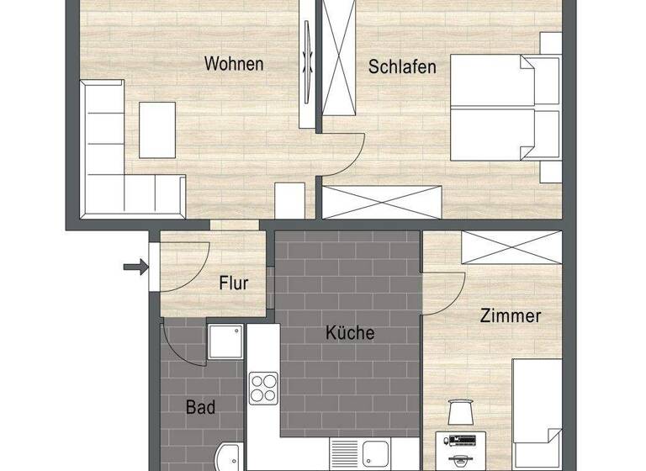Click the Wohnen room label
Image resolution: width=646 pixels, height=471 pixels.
tap(234, 64)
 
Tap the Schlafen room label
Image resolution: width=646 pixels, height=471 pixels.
tap(402, 66)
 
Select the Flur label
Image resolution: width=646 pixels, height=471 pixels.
tap(233, 283)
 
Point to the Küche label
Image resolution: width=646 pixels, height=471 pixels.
tap(350, 333)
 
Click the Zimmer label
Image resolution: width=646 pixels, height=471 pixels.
tap(510, 317)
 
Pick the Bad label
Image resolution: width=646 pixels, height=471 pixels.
tap(200, 408)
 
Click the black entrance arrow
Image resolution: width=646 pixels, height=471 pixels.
tap(134, 267)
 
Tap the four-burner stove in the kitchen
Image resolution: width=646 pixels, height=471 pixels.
tap(262, 388)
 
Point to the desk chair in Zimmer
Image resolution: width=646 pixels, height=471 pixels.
tap(460, 412)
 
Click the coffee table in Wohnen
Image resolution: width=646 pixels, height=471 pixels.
tap(157, 130)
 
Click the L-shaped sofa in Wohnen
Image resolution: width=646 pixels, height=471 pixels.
tap(118, 160)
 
